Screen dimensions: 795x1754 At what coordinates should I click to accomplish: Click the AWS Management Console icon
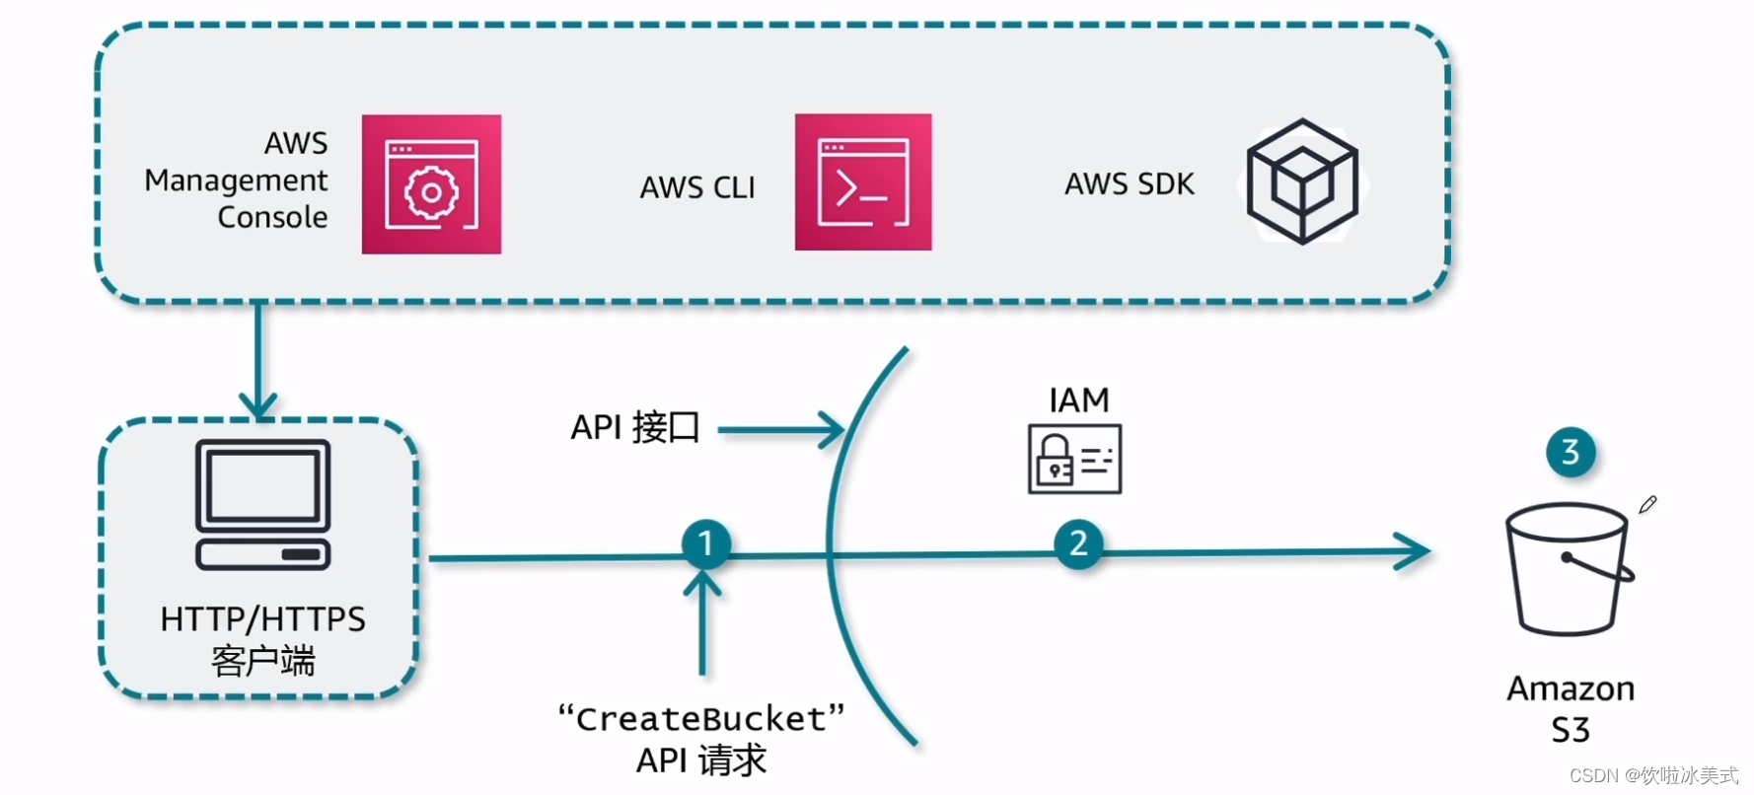431,184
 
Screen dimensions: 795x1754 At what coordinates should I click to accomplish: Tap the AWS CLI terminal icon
863,182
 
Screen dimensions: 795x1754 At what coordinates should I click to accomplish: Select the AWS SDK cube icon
1302,181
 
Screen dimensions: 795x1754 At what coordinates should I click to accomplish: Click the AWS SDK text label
1129,184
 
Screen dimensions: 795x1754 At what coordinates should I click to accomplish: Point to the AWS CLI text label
697,187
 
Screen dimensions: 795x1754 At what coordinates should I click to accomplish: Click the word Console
272,217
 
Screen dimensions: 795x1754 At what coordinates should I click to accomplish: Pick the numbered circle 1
705,543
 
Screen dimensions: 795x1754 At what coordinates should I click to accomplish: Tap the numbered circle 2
1078,543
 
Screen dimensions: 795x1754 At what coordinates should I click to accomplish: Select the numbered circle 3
1571,452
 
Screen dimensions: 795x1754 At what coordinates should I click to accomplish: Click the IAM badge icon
1074,459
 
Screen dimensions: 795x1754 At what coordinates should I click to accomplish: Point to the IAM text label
1078,400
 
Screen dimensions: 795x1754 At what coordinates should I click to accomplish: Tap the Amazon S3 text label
1571,708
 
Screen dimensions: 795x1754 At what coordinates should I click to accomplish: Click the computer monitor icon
262,504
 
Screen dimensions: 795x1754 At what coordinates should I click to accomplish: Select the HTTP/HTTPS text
262,619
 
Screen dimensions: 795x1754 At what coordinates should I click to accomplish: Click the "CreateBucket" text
701,719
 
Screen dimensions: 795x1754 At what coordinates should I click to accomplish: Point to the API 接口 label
635,428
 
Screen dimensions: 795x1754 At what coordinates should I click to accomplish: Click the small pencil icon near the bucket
1647,504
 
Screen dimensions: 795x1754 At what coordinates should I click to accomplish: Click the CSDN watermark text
1653,776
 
